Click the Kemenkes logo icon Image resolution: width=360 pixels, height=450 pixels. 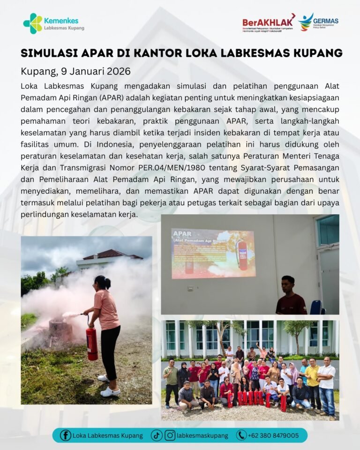coord(32,23)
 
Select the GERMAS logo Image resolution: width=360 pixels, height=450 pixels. coord(319,22)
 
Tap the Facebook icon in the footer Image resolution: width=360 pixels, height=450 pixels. coord(66,435)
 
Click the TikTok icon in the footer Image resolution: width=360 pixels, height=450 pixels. coord(157,435)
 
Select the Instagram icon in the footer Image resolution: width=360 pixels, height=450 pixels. coord(170,435)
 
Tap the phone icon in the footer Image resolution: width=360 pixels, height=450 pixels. coord(241,435)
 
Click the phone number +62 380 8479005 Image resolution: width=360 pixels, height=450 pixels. coord(274,435)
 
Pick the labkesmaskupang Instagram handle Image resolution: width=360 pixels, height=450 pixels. coord(202,435)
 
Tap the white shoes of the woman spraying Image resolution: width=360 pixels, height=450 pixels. coord(110,390)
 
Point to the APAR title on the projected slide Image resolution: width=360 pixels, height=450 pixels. coord(183,233)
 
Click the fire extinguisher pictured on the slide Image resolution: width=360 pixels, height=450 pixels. coord(242,255)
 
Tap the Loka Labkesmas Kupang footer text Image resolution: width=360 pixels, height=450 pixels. coord(108,435)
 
